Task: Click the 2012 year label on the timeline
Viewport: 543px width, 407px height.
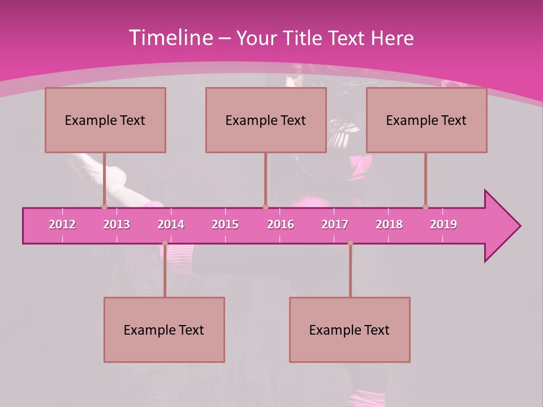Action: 62,224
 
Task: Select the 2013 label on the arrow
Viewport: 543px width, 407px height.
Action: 117,224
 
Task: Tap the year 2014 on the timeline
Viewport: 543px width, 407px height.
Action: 171,224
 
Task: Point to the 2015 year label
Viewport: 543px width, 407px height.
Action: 225,224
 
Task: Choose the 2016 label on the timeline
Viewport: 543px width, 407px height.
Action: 281,224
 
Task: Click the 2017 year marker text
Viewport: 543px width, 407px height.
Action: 335,224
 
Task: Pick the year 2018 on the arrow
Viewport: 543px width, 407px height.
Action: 389,224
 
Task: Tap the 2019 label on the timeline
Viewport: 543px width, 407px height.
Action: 443,224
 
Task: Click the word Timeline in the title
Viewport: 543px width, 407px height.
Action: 170,38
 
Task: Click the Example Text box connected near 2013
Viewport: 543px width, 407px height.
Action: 105,120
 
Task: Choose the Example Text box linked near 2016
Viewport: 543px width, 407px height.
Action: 266,120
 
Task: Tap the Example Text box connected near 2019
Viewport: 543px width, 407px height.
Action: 426,120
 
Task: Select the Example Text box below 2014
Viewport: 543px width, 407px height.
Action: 164,330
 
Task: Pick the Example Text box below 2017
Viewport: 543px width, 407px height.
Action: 350,330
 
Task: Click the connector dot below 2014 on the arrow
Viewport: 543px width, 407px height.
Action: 165,243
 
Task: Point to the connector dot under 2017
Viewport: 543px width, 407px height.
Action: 350,243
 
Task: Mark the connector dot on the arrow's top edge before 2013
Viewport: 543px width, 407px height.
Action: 104,207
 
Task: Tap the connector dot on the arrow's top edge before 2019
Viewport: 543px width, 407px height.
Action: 425,207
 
